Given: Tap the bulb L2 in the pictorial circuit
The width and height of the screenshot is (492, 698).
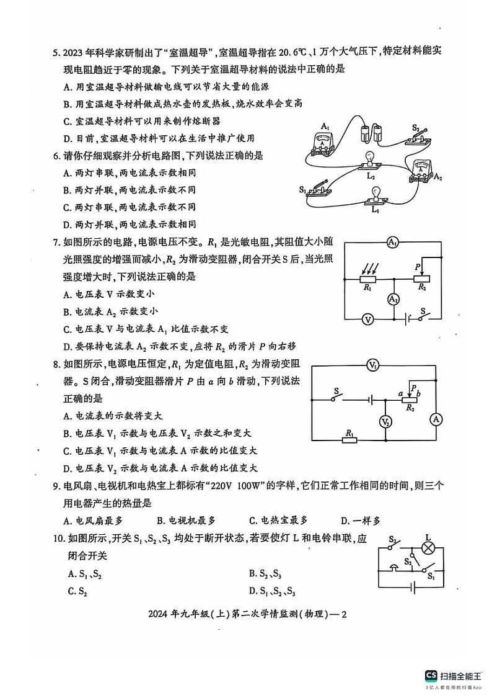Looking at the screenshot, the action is [x=370, y=162].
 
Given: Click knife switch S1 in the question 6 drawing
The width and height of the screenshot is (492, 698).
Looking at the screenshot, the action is [x=320, y=190].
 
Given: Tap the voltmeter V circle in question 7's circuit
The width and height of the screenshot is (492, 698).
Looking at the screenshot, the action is [x=367, y=320].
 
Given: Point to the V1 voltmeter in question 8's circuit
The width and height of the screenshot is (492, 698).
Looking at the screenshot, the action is [x=372, y=365].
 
